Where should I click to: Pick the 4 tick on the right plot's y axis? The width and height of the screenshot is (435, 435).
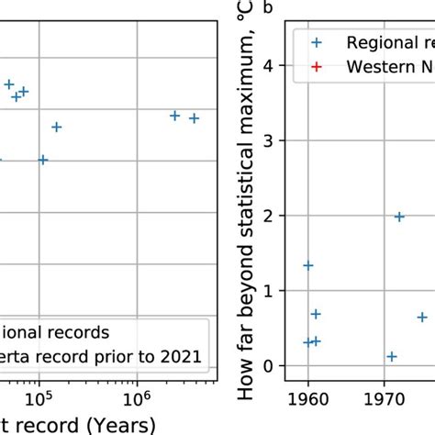267,65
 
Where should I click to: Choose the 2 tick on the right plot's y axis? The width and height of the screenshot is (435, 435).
267,216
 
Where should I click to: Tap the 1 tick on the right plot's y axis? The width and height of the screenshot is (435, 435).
267,291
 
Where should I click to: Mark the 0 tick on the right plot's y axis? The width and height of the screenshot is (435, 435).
267,366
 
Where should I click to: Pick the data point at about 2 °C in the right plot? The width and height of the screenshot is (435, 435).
399,217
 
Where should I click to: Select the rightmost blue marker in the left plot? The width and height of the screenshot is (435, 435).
194,118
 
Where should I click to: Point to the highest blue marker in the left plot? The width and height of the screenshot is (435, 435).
9,84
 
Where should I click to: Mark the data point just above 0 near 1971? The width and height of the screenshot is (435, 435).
392,356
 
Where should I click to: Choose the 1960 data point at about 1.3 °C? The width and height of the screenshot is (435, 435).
308,265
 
